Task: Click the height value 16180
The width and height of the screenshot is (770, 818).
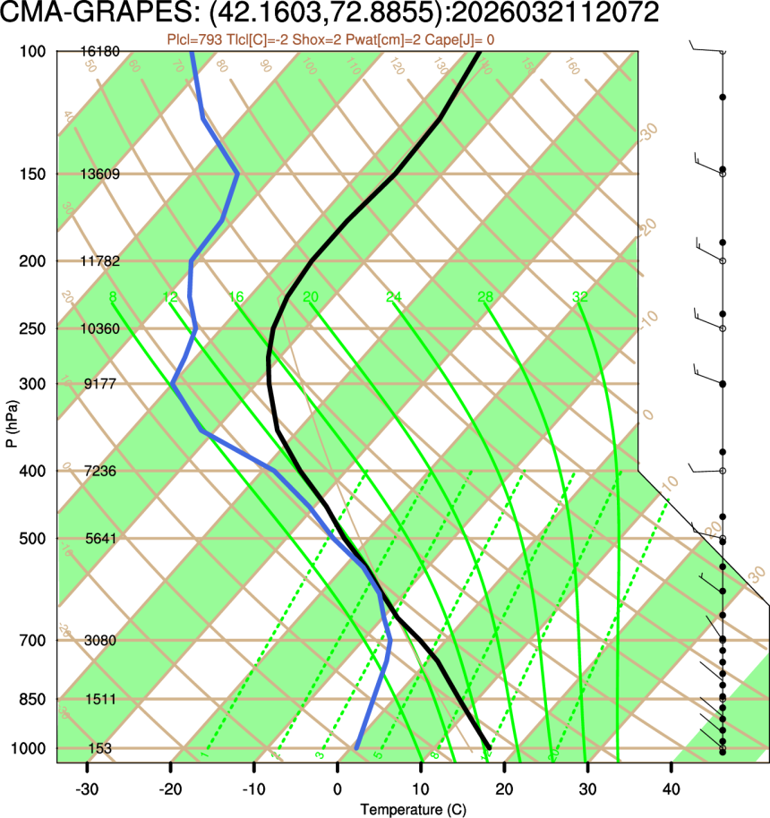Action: (99, 52)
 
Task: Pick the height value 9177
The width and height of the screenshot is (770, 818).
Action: (101, 384)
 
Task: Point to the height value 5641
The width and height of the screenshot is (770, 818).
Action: (101, 539)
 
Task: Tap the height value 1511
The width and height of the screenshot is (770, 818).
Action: (101, 699)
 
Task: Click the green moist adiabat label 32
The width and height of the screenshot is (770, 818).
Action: (579, 297)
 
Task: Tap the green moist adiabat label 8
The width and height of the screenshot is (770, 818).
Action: (112, 297)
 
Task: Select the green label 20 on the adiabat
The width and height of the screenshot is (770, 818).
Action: (311, 297)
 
